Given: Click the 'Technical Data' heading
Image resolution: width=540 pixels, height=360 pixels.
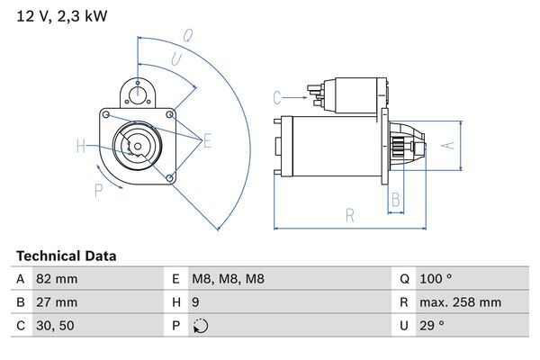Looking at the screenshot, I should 66,256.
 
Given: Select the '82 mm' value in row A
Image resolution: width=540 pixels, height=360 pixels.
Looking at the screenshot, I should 56,279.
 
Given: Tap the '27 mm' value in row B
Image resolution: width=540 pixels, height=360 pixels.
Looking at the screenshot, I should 56,302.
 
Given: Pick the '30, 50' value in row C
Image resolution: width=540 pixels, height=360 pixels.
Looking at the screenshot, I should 55,326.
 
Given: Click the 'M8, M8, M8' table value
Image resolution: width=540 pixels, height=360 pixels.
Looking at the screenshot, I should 228,279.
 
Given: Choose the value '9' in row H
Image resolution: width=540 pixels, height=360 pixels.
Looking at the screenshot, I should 195,302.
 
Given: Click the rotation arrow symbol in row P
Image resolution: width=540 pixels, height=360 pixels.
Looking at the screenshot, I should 200,326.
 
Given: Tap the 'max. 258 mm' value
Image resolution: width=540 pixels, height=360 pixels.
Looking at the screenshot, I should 462,302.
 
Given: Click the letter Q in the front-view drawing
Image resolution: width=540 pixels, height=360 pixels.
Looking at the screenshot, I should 187,36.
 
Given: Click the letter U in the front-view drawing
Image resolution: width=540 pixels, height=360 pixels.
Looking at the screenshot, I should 175,58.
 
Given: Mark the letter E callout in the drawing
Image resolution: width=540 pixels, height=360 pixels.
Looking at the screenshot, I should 207,139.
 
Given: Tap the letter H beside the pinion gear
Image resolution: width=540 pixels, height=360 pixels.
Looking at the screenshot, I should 81,146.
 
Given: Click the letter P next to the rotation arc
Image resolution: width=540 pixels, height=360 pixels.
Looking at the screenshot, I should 98,189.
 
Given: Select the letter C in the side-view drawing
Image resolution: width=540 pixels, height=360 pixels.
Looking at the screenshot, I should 277,96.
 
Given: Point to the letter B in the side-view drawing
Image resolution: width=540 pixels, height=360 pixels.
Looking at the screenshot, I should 395,200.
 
